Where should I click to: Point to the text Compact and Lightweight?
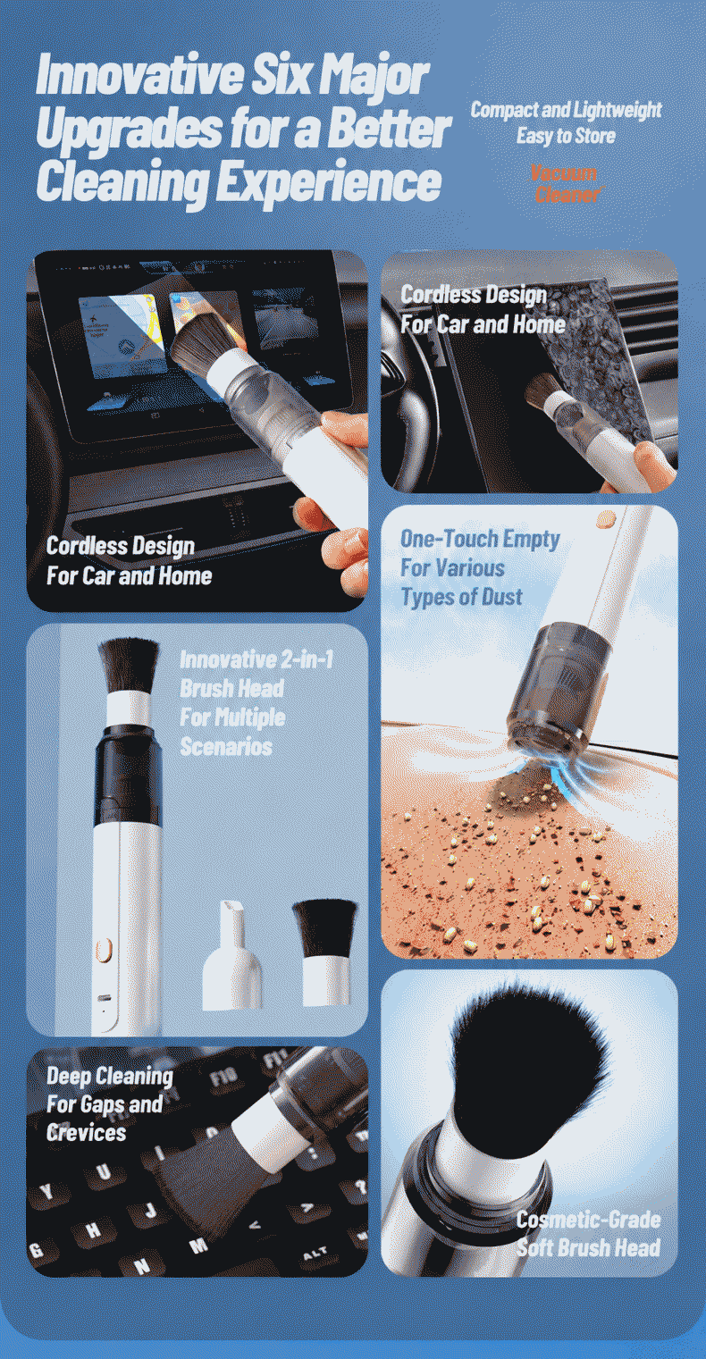coord(566,110)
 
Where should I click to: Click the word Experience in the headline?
coord(328,180)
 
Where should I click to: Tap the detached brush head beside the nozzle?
coord(325,952)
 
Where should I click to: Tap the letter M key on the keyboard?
coord(198,1246)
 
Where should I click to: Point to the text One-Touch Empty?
coord(480,539)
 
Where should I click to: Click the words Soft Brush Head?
coord(588,1247)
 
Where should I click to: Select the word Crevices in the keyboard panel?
coord(86,1132)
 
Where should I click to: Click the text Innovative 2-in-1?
coord(256,659)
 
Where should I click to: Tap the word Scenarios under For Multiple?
coord(226,746)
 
